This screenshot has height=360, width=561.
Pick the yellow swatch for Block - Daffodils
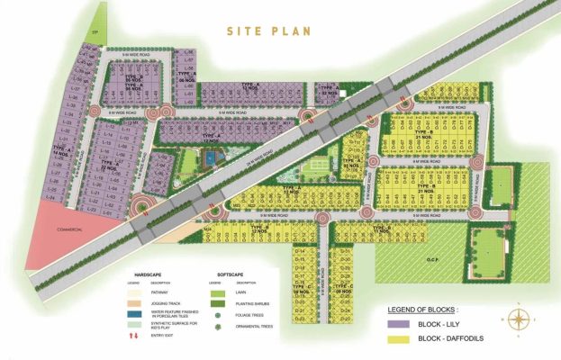coord(395,339)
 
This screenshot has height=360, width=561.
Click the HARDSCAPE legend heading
coord(148,274)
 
